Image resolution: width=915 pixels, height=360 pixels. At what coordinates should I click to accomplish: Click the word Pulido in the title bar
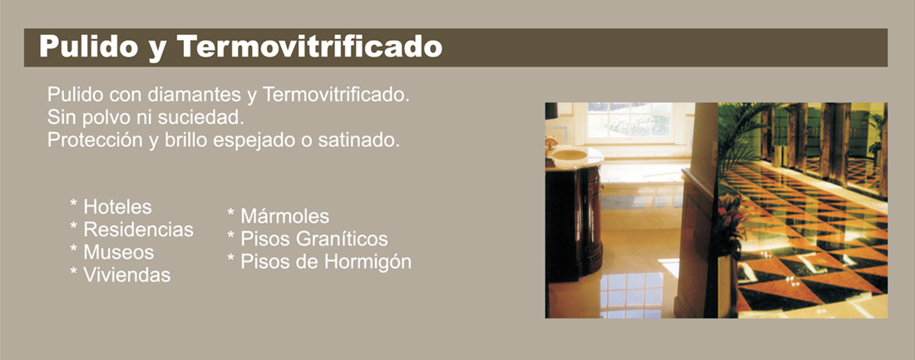[89, 47]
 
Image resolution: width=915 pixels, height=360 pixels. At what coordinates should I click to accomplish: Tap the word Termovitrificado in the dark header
[310, 47]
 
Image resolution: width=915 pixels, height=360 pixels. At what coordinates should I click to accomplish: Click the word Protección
[91, 141]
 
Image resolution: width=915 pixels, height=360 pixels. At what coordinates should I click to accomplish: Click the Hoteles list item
[117, 207]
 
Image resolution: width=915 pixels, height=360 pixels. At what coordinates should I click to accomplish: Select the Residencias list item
[138, 230]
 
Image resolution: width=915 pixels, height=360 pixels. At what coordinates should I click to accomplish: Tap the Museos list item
[118, 253]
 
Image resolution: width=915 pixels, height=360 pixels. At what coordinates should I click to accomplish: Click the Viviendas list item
[126, 275]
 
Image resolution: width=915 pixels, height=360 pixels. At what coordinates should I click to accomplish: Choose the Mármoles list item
[284, 216]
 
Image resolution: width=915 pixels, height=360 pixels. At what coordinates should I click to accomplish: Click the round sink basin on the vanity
[569, 155]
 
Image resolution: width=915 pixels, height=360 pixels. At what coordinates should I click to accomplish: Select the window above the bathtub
[630, 122]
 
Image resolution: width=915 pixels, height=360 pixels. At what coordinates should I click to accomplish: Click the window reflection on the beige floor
[632, 293]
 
